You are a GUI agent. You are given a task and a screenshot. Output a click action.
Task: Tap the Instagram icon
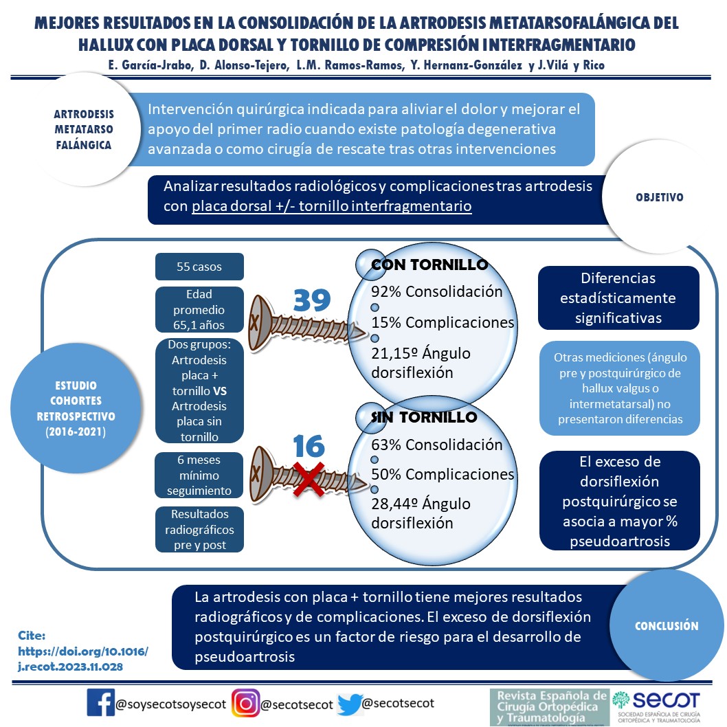click(x=245, y=703)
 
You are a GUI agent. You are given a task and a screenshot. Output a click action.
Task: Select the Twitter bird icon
click(x=349, y=704)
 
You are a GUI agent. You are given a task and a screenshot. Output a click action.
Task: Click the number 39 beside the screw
click(x=313, y=300)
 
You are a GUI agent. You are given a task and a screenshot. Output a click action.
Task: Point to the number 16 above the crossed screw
click(x=309, y=447)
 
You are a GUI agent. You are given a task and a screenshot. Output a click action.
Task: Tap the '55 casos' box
click(x=199, y=267)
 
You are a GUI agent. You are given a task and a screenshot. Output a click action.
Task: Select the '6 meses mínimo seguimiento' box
click(x=199, y=475)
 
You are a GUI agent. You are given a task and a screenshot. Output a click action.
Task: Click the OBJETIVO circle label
click(x=659, y=197)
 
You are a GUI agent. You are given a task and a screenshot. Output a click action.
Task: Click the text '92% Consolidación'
click(x=437, y=291)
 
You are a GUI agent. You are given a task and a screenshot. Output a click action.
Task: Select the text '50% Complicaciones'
click(x=443, y=474)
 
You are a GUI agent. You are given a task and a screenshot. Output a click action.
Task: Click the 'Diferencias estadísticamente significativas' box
click(x=618, y=298)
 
